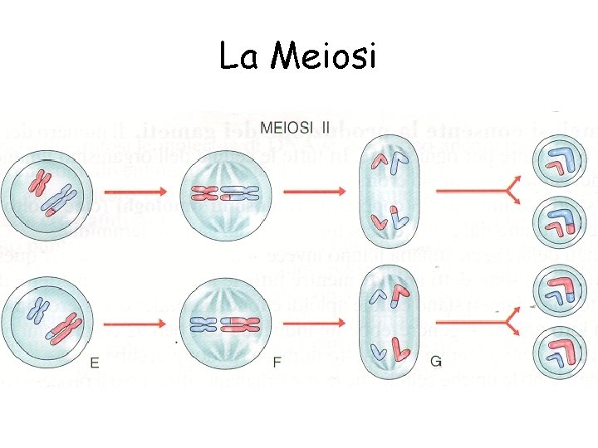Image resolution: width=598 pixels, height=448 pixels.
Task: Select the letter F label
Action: point(277,363)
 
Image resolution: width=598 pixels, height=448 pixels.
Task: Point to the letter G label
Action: point(436,363)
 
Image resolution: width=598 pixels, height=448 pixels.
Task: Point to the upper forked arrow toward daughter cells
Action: point(483,192)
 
